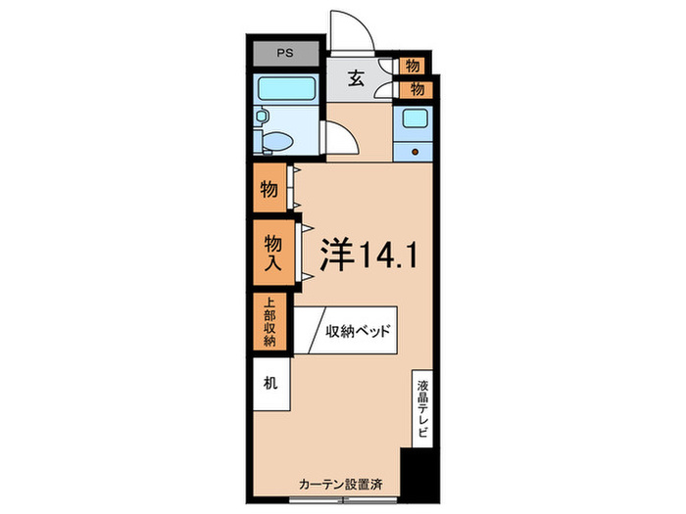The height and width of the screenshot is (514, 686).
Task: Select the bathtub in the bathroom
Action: (285, 90)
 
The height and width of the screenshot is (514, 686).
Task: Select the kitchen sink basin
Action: (413, 121)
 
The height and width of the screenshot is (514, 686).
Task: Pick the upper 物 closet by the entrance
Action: (414, 66)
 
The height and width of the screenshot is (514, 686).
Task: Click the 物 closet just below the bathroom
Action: (268, 190)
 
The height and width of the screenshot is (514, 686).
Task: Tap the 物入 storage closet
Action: (271, 253)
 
